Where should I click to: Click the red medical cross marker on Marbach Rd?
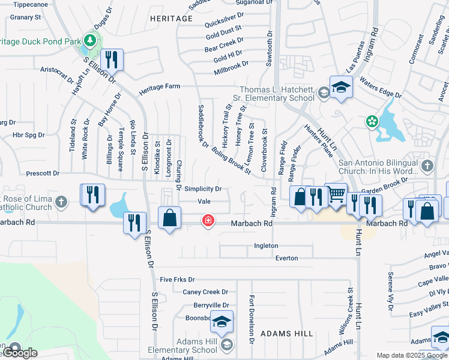[208, 221]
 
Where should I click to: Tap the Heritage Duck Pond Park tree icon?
[90, 41]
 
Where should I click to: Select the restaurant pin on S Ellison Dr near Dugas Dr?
[111, 59]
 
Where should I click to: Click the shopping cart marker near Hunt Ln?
[336, 194]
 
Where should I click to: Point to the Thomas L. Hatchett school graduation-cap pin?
[340, 87]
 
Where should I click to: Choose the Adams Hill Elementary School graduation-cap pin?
[221, 322]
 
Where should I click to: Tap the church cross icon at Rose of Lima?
[61, 202]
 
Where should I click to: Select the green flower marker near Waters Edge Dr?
[372, 122]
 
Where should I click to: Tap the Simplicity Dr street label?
[203, 189]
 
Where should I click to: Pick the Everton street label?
[286, 258]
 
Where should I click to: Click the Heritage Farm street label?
[160, 87]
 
